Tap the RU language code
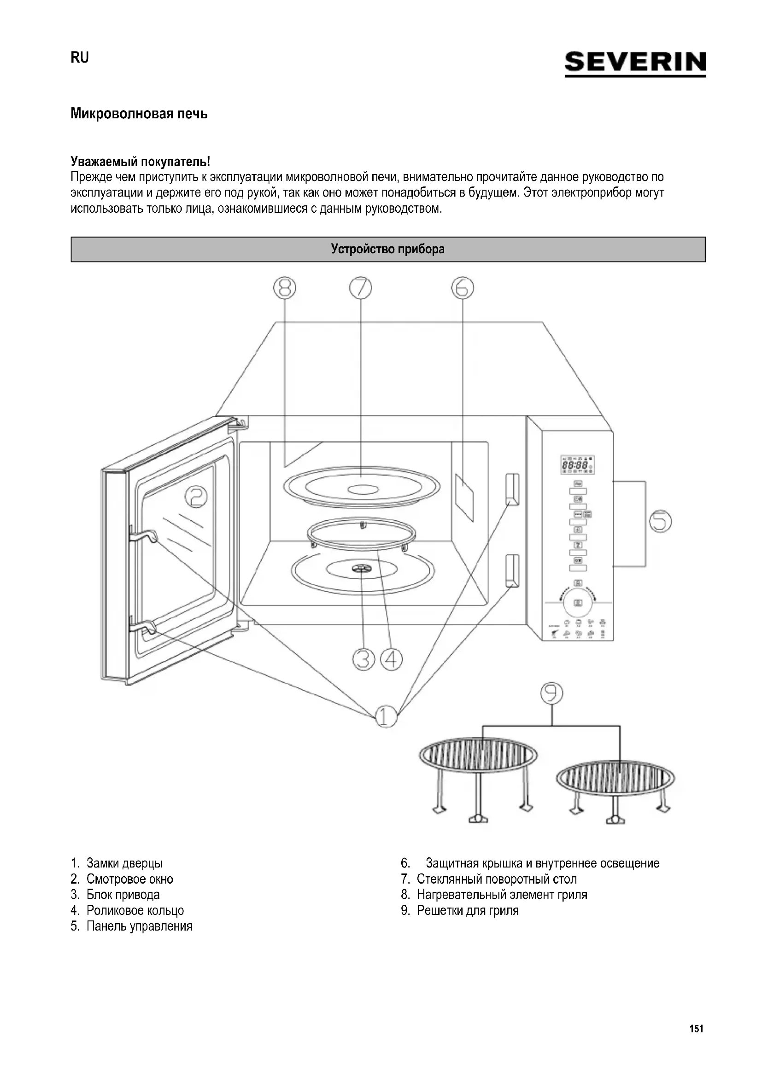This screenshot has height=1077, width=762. point(79,57)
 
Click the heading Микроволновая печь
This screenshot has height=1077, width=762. point(139,114)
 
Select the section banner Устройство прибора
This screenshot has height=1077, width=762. point(388,249)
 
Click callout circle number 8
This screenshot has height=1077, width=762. point(285,288)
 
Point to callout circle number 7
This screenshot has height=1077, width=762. point(360,288)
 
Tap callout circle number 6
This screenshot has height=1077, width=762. point(463,288)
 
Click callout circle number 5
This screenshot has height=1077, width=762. point(660,521)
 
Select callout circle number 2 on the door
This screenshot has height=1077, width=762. point(196,497)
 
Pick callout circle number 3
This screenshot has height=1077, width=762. point(363,659)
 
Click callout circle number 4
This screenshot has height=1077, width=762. point(391,659)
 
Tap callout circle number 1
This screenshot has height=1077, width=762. point(386,717)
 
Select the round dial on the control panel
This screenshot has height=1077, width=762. point(578,602)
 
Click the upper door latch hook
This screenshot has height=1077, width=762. point(146,536)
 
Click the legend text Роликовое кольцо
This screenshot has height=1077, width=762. point(135,910)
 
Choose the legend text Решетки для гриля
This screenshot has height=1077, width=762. point(467,910)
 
